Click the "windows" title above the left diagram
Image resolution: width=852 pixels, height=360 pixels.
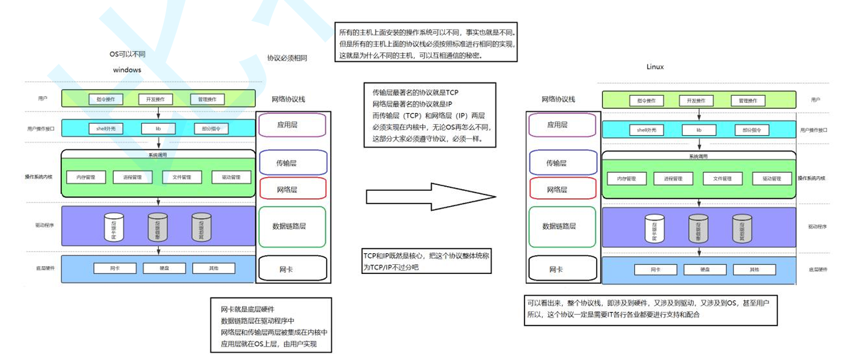(127, 70)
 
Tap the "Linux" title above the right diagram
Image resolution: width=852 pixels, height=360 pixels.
(655, 67)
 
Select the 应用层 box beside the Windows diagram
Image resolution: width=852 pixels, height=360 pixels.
(292, 125)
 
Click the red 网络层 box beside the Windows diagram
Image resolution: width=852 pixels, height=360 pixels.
(292, 189)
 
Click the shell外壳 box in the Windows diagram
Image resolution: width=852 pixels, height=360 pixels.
(106, 128)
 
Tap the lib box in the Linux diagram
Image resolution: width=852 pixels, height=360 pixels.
(699, 130)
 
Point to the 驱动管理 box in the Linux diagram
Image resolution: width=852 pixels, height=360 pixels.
(772, 179)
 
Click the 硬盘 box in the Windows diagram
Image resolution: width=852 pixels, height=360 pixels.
(164, 268)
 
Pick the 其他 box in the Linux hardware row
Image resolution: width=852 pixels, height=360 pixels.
(754, 270)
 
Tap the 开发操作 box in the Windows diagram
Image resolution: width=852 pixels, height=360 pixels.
(156, 99)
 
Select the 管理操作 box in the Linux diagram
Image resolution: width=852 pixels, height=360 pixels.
(748, 101)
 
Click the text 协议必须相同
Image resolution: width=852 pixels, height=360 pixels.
(287, 58)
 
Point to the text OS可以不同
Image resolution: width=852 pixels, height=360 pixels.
(127, 54)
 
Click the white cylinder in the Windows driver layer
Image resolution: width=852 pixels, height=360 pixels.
(113, 227)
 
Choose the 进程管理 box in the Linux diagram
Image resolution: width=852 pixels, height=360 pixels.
(673, 179)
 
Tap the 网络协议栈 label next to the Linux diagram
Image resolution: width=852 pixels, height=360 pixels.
(558, 99)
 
